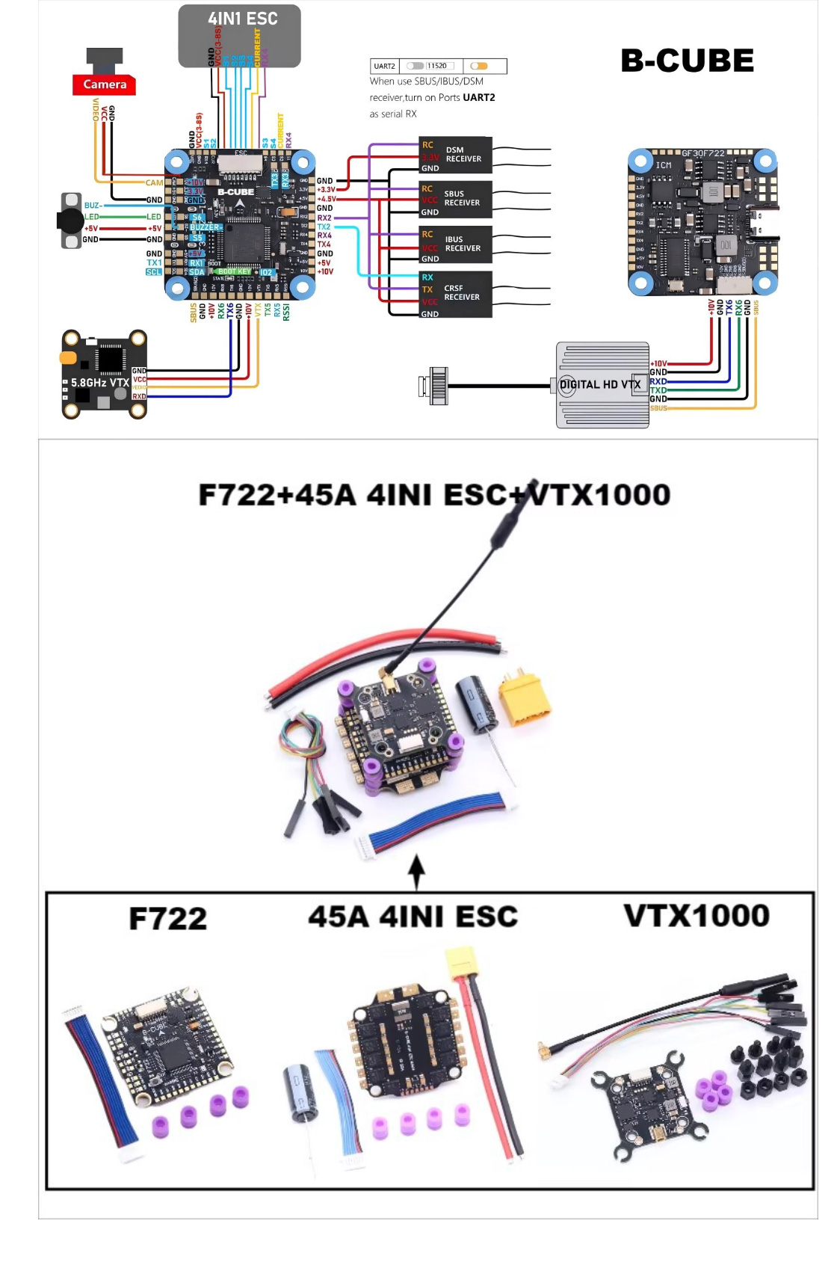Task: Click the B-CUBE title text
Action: click(x=687, y=61)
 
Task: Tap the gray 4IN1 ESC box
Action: click(x=240, y=35)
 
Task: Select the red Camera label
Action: click(x=104, y=84)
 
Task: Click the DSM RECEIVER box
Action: click(x=455, y=155)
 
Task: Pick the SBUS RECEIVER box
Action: click(x=455, y=199)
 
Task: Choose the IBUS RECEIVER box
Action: click(x=455, y=244)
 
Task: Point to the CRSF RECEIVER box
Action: click(x=455, y=294)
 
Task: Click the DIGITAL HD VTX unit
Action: click(x=602, y=385)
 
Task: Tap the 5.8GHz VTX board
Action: click(x=103, y=374)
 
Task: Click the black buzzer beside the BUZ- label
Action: click(x=70, y=221)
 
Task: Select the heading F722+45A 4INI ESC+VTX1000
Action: click(x=434, y=495)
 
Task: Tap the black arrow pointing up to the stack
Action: click(x=417, y=871)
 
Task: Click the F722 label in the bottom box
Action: click(x=167, y=919)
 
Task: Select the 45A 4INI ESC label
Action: click(x=413, y=917)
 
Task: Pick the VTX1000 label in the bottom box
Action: click(x=697, y=916)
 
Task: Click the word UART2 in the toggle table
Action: click(x=384, y=67)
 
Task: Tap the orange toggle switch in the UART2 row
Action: click(x=479, y=67)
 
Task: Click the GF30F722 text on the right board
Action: click(x=702, y=153)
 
